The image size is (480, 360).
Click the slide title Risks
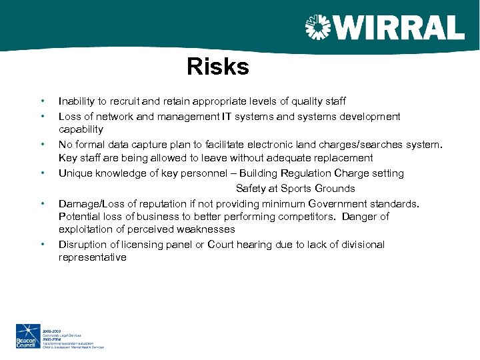pyautogui.click(x=217, y=67)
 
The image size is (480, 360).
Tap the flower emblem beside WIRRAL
pyautogui.click(x=318, y=28)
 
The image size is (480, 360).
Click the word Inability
pyautogui.click(x=77, y=101)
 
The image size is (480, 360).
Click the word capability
pyautogui.click(x=81, y=129)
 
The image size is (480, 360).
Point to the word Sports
pyautogui.click(x=297, y=189)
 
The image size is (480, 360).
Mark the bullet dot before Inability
pyautogui.click(x=42, y=101)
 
